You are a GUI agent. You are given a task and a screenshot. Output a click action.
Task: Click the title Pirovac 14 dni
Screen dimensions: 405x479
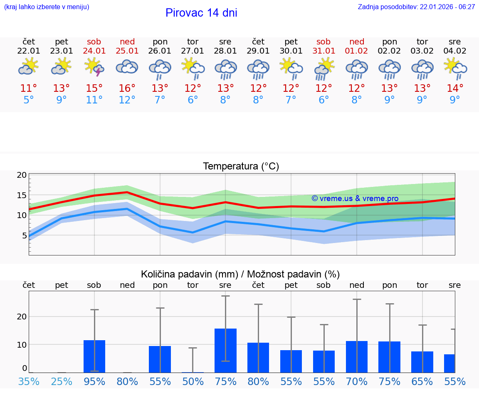point(201,13)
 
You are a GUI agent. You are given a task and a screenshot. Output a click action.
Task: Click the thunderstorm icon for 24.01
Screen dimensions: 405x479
point(94,67)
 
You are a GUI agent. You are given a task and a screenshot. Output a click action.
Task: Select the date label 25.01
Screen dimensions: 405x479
point(127,51)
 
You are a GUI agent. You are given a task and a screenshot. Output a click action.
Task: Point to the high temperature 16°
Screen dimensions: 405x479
point(127,88)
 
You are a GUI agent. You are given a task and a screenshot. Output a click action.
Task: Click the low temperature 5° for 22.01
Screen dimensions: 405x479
point(29,100)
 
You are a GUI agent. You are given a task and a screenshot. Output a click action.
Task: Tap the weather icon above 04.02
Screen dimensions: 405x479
point(455,67)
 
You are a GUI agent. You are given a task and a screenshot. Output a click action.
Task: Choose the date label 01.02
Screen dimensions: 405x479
point(356,51)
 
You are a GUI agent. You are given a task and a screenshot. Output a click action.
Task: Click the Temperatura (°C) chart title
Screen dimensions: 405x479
point(241,167)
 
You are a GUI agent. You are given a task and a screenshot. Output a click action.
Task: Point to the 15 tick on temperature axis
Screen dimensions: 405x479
point(22,195)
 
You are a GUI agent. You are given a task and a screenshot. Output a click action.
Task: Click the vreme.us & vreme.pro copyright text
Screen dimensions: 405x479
point(355,199)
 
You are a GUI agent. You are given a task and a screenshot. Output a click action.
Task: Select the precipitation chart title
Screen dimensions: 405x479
point(240,274)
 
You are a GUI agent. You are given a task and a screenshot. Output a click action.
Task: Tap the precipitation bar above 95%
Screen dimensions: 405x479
point(94,356)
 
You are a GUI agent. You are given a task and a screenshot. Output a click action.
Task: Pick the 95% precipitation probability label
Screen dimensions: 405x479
point(94,382)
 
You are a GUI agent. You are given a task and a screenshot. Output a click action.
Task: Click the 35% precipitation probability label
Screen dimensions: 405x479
point(29,382)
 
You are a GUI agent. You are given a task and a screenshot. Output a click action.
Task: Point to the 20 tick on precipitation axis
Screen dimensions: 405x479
point(22,317)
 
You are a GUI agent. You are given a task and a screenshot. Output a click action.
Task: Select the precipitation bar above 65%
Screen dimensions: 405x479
point(422,362)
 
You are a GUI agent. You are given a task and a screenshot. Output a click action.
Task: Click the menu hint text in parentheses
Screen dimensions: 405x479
point(47,7)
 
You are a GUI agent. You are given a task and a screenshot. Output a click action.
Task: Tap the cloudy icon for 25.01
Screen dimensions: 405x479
point(127,67)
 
